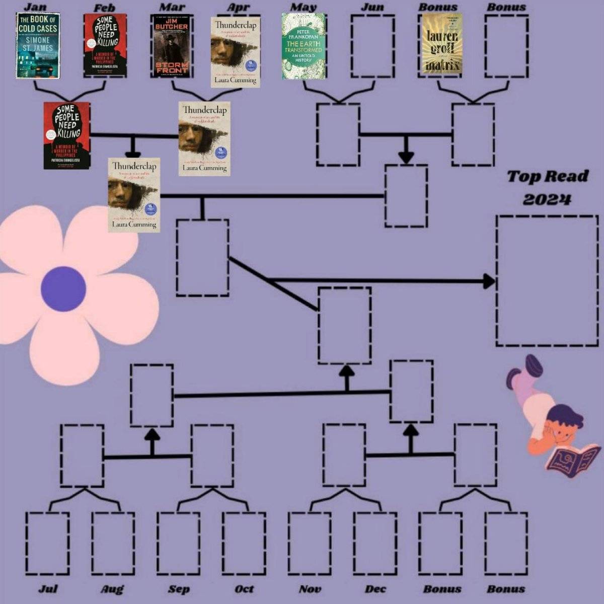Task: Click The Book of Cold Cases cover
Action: click(37, 45)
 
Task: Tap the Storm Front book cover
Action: click(171, 45)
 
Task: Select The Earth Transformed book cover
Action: click(304, 46)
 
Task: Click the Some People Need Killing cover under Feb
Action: click(105, 45)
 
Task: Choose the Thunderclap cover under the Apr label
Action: click(235, 52)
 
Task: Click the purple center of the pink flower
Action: click(63, 289)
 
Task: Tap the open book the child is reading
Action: click(573, 458)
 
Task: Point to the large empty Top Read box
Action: click(547, 280)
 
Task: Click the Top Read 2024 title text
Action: click(547, 187)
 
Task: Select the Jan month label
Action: click(35, 8)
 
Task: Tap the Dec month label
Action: click(375, 589)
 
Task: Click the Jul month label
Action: click(48, 589)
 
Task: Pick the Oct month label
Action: click(244, 589)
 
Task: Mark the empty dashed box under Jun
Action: click(372, 46)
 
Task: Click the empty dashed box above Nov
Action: click(310, 544)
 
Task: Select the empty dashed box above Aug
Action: click(113, 544)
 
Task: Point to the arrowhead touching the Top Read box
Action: click(489, 281)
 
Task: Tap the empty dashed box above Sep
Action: click(178, 544)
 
